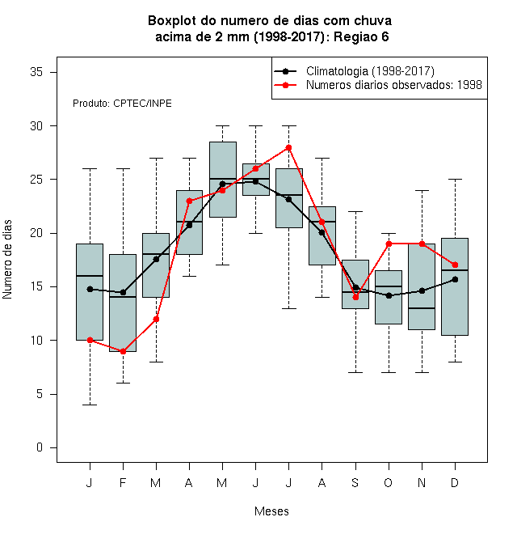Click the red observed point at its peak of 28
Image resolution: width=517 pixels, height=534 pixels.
(288, 147)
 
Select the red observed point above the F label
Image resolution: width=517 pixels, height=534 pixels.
(123, 351)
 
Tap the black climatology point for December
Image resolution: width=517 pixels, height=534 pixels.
(455, 279)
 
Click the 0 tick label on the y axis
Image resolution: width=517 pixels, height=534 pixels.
(40, 447)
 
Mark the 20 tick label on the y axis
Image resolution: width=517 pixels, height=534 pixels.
(36, 233)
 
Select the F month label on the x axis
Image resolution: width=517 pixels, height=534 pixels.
(123, 482)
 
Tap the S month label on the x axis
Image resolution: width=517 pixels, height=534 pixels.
(355, 482)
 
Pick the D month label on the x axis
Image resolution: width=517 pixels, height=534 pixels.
(455, 482)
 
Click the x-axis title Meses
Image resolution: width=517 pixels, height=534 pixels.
(271, 511)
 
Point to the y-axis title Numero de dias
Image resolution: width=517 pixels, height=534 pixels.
(7, 260)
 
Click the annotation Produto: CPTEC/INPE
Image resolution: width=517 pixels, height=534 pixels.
(122, 104)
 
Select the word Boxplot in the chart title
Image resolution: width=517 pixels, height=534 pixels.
(172, 21)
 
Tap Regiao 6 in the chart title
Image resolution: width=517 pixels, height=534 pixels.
(361, 36)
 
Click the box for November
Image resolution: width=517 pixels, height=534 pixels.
(422, 286)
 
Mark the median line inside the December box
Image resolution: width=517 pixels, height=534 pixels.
(455, 270)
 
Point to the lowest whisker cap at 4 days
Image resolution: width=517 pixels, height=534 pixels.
(90, 405)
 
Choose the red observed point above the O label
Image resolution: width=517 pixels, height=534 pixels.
(389, 244)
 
